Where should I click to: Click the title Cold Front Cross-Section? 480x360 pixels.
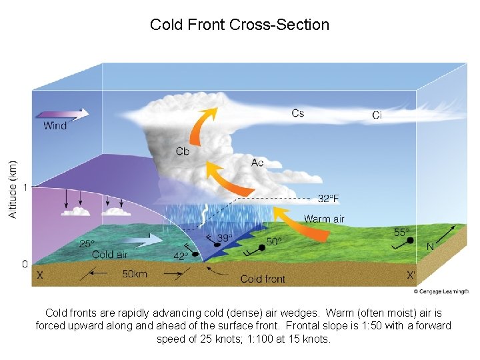[x=239, y=25]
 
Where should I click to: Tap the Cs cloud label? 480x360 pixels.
[x=298, y=113]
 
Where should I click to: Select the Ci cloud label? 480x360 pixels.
[x=377, y=115]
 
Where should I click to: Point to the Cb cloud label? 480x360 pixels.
[x=183, y=151]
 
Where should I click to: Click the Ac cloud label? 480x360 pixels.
[x=257, y=163]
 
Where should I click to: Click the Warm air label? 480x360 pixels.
[x=325, y=219]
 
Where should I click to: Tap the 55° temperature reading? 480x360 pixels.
[x=402, y=232]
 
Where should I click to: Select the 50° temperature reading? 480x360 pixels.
[x=274, y=241]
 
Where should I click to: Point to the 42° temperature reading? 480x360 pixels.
[x=181, y=256]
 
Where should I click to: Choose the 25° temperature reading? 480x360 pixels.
[x=87, y=244]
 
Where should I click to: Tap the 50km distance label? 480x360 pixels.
[x=135, y=274]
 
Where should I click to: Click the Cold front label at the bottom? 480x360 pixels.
[x=263, y=279]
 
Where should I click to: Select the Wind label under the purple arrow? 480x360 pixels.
[x=55, y=125]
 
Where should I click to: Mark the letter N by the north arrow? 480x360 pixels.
[x=430, y=246]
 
